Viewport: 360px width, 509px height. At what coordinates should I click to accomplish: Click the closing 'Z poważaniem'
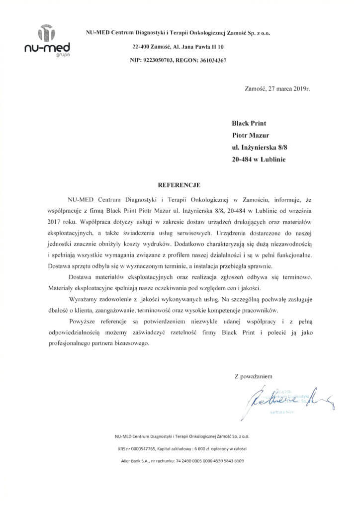point(254,376)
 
